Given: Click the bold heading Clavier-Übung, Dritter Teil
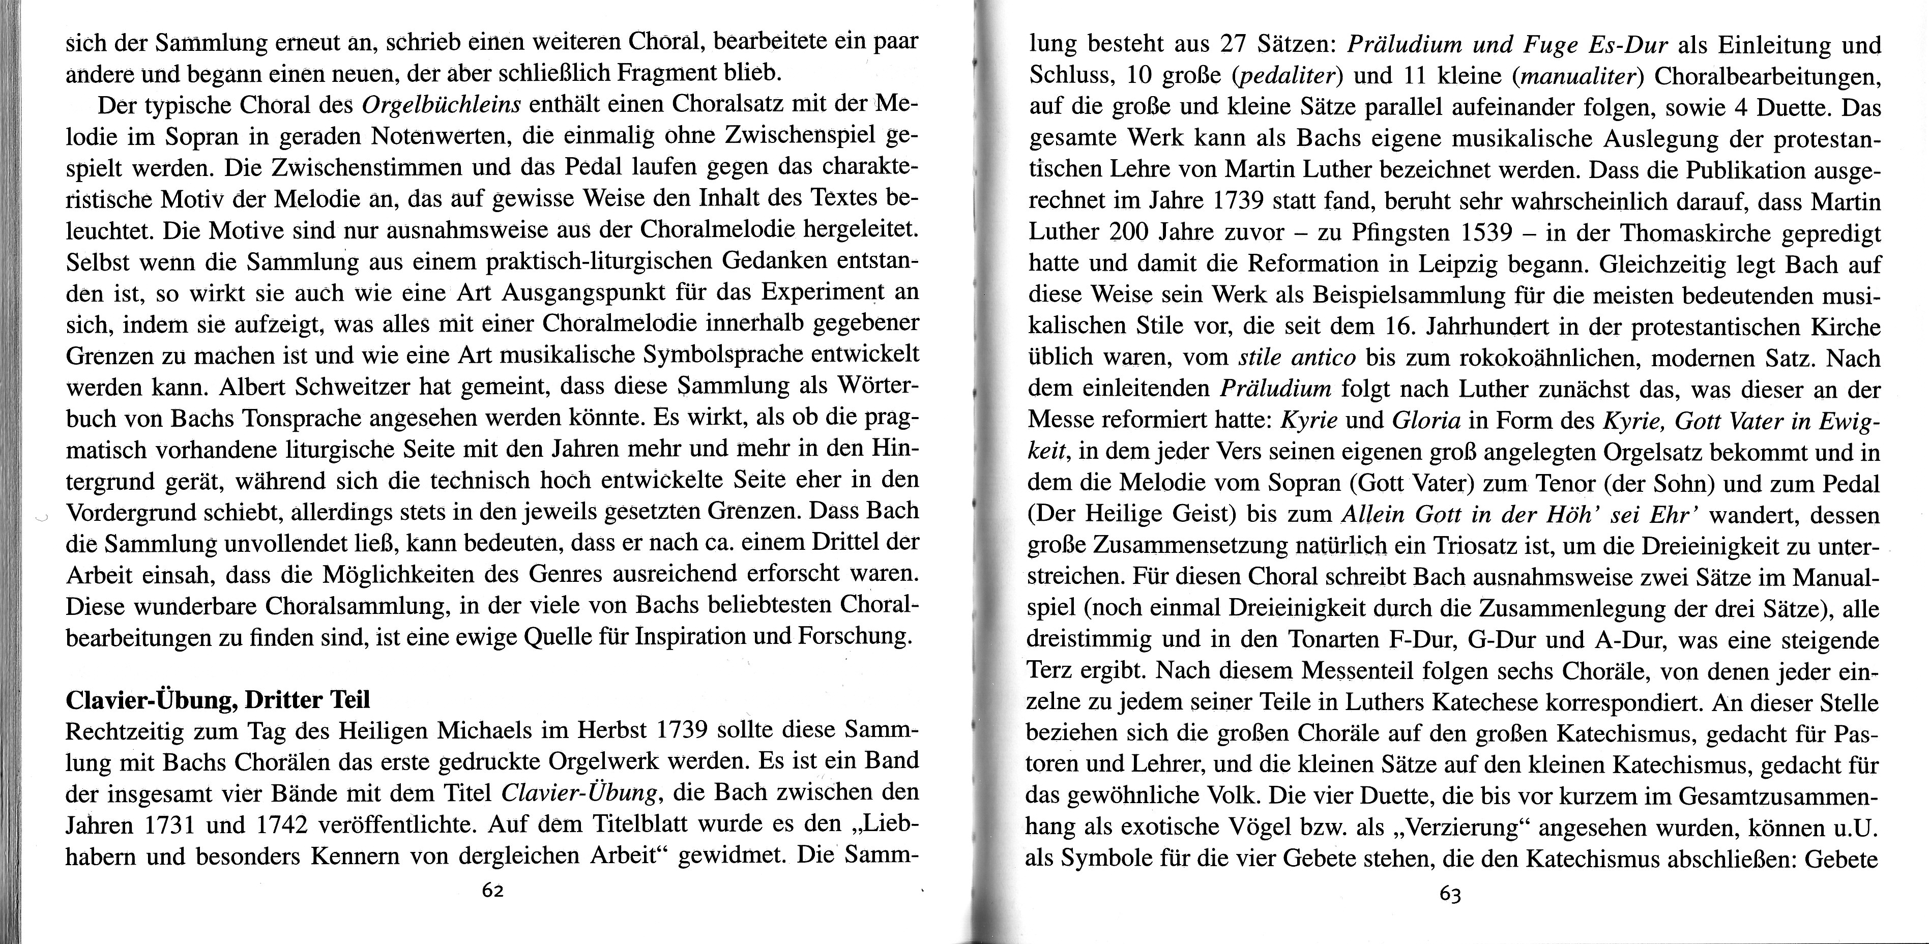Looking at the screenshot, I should [218, 701].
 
